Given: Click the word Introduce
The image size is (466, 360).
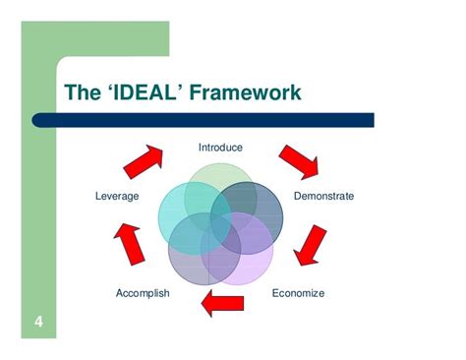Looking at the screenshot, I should coord(220,148).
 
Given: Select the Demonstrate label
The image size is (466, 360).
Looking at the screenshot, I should coord(323,196).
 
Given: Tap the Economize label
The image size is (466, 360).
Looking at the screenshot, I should coord(298,292).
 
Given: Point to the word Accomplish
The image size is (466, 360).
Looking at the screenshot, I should coord(143,292).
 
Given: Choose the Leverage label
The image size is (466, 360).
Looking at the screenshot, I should coord(117,196).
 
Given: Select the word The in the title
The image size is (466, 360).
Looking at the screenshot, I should coord(83,92).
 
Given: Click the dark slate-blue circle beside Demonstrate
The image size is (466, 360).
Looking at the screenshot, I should coord(262,202).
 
